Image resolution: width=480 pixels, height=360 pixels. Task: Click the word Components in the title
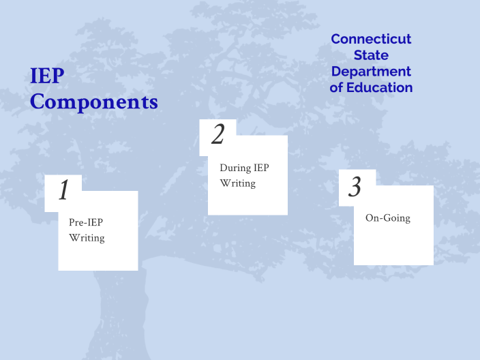click(94, 102)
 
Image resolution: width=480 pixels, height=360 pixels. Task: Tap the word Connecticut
click(371, 39)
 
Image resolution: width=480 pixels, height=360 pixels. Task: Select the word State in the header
click(371, 55)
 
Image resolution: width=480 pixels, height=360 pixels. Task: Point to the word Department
click(371, 72)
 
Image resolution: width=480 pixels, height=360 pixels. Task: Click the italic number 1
click(63, 191)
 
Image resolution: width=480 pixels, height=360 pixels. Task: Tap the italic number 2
click(217, 135)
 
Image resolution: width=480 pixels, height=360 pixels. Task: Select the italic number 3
click(355, 187)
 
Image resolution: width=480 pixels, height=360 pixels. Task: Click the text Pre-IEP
click(86, 222)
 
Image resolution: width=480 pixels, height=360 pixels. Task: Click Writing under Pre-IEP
click(87, 238)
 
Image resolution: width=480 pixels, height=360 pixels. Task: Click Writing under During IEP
click(237, 183)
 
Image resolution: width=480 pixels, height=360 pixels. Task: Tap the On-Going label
click(388, 218)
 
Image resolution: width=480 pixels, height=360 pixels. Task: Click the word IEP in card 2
click(262, 167)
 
